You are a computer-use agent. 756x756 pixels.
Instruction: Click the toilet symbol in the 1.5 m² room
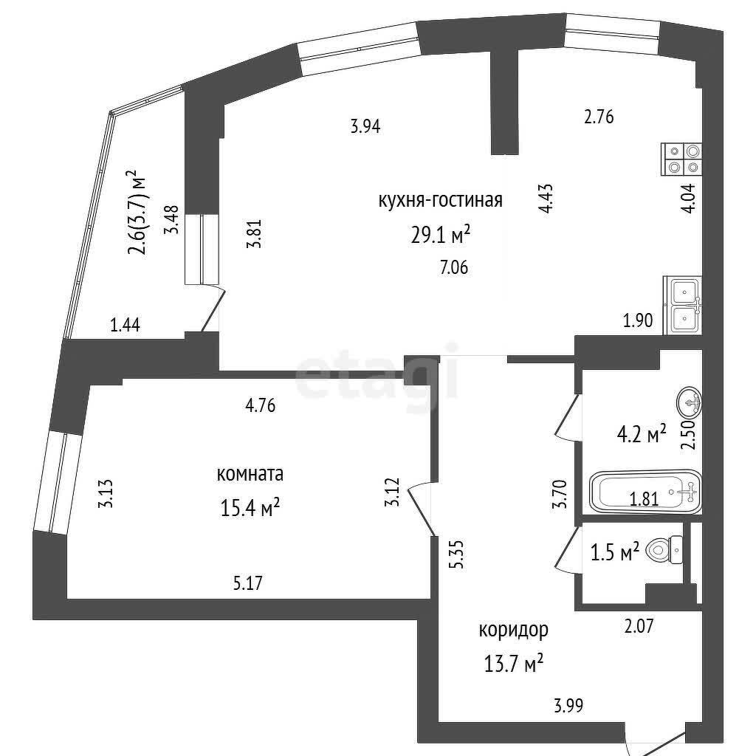[664, 549]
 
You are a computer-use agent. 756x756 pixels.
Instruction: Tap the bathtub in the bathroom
[645, 491]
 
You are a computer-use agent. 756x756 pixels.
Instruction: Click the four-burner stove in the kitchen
[681, 159]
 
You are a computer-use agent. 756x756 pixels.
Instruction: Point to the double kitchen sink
[683, 305]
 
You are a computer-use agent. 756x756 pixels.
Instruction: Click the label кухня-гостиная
[440, 199]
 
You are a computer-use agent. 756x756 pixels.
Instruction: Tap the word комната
[250, 474]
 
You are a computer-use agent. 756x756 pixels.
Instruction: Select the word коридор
[514, 630]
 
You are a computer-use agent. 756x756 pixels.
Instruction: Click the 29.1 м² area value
[440, 236]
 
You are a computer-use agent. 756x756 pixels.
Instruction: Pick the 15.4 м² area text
[250, 507]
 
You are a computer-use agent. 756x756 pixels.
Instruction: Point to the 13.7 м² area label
[514, 664]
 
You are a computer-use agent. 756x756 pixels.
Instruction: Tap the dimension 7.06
[454, 267]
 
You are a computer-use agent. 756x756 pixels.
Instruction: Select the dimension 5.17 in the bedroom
[248, 583]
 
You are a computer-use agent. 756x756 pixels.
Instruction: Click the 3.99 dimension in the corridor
[568, 706]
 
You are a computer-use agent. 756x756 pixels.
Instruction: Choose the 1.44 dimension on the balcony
[125, 326]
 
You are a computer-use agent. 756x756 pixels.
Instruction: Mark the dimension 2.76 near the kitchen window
[599, 117]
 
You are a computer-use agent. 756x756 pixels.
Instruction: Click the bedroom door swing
[422, 509]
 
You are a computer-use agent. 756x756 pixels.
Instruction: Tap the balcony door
[213, 309]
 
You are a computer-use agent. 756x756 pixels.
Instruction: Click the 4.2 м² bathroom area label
[642, 434]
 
